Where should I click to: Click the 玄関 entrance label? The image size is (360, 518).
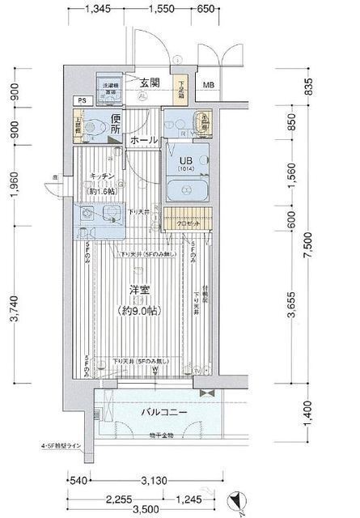[148, 83]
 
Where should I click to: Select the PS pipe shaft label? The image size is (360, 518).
[81, 100]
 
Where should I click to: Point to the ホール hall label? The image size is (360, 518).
[144, 140]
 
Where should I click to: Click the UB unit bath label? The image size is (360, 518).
[185, 159]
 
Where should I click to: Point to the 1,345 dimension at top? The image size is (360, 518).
[97, 9]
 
